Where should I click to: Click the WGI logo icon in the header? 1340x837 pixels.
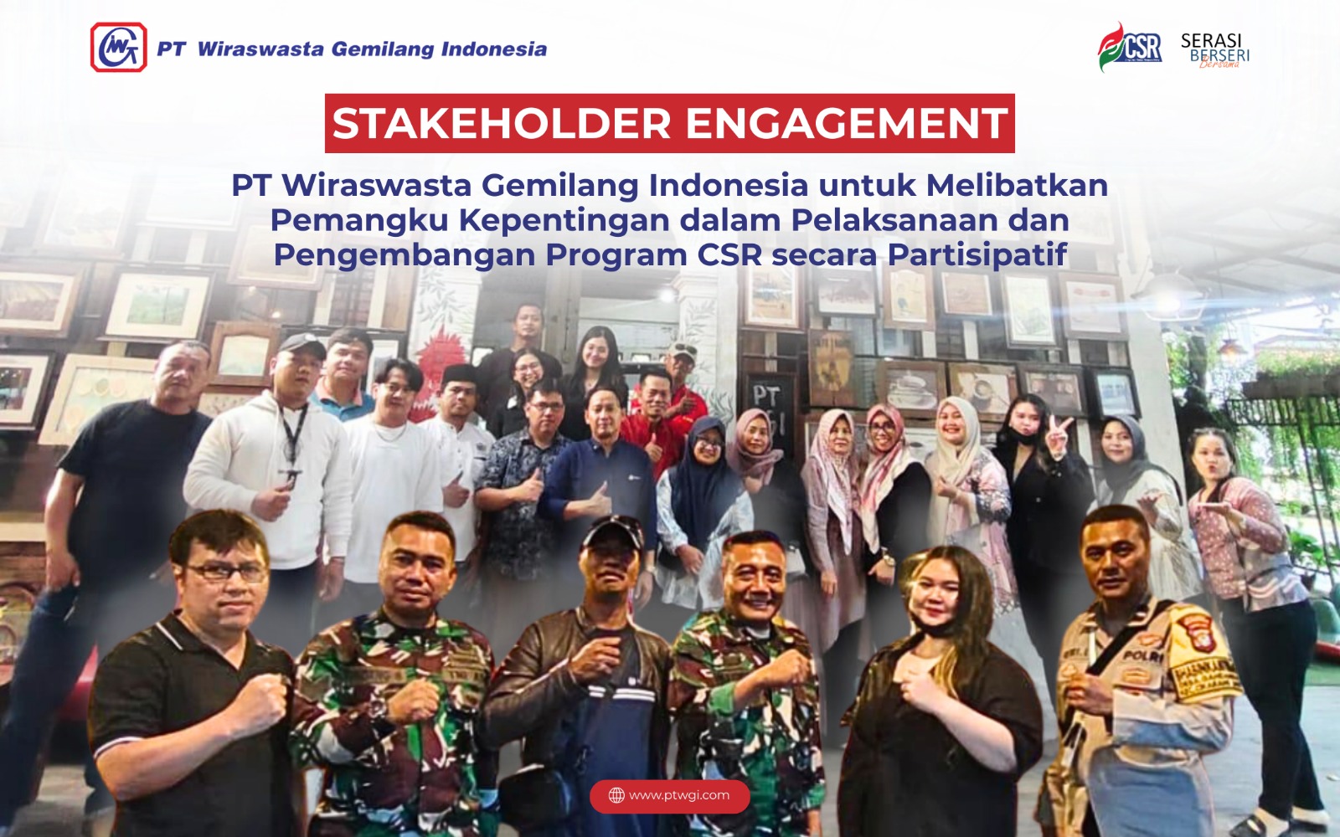point(119,48)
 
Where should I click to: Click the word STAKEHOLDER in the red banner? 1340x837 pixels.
point(502,124)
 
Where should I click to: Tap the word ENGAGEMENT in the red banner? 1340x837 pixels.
point(846,124)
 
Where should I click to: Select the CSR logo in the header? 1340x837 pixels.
point(1131,48)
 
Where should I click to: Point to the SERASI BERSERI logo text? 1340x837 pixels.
point(1214,49)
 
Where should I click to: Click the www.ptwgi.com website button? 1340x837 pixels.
point(669,795)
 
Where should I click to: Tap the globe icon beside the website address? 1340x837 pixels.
point(616,795)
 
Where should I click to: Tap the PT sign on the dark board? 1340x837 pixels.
point(765,396)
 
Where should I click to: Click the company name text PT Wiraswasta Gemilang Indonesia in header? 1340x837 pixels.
point(352,49)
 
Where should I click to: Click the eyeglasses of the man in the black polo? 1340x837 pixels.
point(226,573)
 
